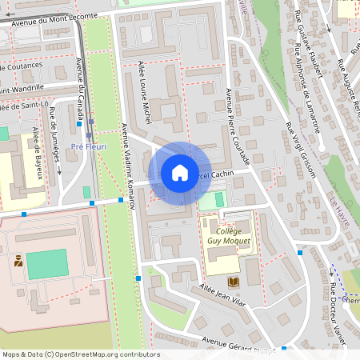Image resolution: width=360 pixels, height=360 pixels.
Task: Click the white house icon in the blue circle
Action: pos(180,173)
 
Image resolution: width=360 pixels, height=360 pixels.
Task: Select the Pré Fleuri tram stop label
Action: pos(89,146)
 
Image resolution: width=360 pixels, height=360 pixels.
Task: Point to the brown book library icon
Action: pos(233,282)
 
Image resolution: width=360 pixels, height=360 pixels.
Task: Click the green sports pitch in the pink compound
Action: pos(47,264)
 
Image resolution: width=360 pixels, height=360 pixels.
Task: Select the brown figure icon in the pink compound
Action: pos(18,261)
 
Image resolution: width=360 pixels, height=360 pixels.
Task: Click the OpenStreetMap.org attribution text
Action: pos(104,354)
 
